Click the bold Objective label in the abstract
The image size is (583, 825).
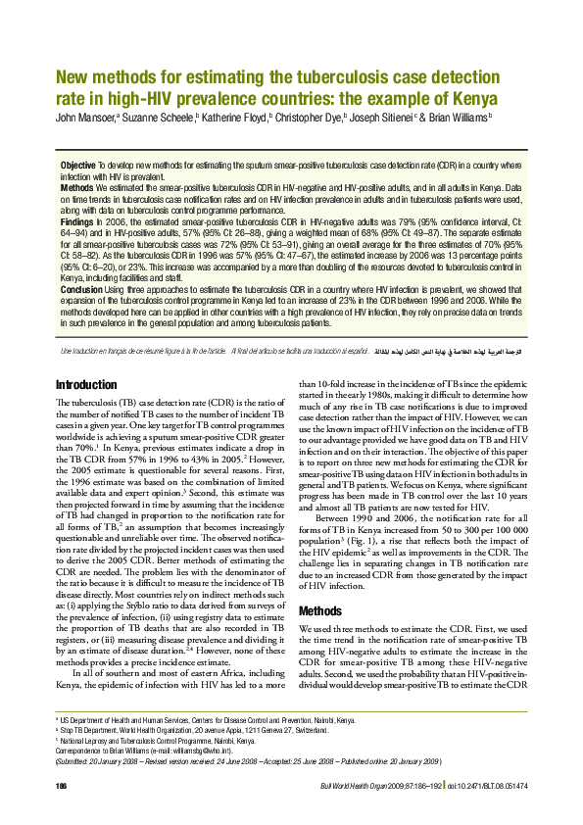77,164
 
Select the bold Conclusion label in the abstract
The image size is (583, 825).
82,290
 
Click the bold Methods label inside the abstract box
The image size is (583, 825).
77,186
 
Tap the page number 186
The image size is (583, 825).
62,787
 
